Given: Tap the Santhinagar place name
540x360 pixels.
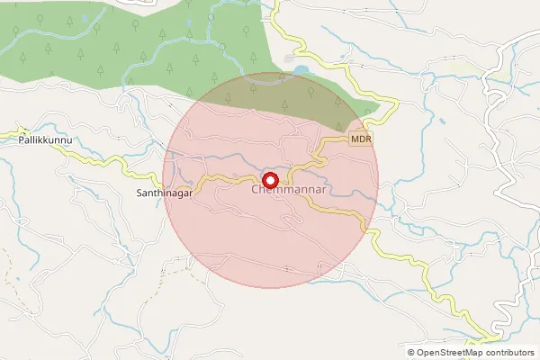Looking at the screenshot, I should [165, 193].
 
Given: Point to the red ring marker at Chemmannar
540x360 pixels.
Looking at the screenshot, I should [270, 177].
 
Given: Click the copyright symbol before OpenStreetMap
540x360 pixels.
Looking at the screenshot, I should [411, 353].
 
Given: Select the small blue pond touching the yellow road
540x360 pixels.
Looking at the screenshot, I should [299, 67].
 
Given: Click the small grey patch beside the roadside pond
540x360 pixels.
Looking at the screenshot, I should [289, 58].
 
